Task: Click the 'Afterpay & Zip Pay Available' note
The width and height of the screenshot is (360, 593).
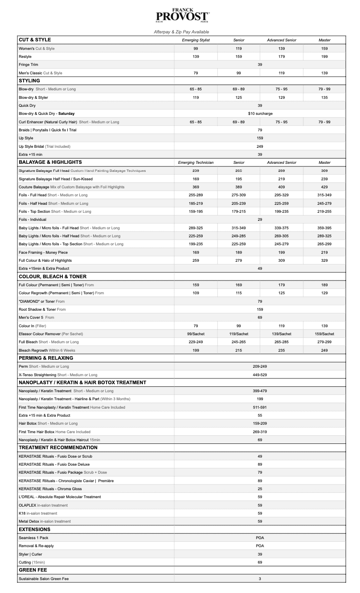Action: [181, 32]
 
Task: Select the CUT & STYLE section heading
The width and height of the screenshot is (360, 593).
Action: [35, 40]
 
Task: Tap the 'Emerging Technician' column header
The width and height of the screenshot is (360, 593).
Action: [196, 162]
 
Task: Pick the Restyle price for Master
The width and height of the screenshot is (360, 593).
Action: [324, 57]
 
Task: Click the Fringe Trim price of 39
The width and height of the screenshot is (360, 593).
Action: [260, 65]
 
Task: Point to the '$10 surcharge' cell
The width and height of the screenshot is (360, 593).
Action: [260, 114]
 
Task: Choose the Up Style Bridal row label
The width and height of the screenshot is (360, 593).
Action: [45, 146]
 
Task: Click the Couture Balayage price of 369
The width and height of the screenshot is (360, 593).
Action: [196, 187]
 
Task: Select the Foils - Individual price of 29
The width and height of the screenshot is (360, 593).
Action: [260, 219]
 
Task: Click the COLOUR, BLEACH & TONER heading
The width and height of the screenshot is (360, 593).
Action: [53, 276]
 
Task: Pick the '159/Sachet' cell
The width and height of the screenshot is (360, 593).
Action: [324, 333]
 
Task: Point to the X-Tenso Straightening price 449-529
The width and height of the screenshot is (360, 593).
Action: [260, 374]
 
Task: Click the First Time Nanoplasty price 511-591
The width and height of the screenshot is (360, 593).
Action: [260, 407]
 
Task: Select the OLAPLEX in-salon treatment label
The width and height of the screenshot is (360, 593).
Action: [43, 505]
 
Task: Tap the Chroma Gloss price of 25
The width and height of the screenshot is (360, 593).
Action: [260, 489]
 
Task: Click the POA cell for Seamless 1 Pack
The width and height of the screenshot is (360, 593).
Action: [260, 538]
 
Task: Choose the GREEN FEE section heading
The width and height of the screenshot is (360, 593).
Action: [33, 570]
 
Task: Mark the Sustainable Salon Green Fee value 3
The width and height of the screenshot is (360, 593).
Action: [260, 579]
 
